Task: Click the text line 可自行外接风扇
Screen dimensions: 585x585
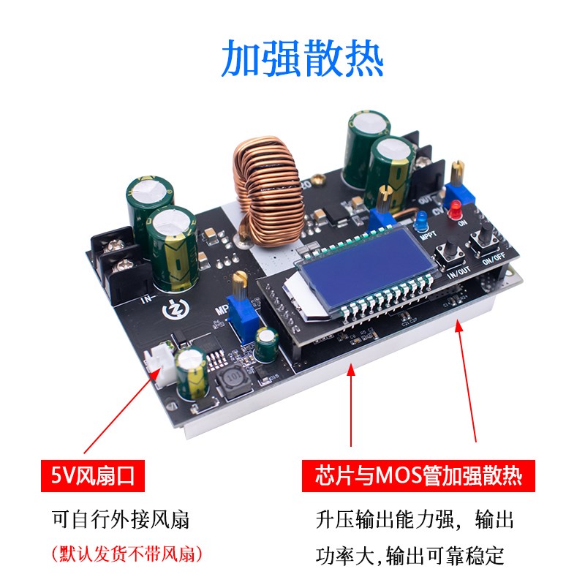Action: click(x=121, y=520)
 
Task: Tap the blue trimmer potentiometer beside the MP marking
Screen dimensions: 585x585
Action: click(x=237, y=308)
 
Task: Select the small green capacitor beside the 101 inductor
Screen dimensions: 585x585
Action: click(x=268, y=344)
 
